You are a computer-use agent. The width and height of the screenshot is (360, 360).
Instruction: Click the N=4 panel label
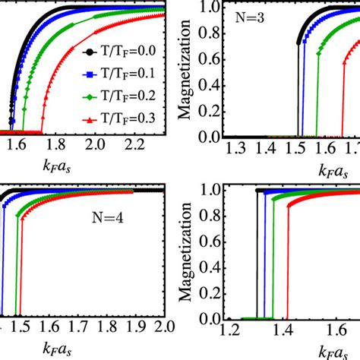[102, 225]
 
